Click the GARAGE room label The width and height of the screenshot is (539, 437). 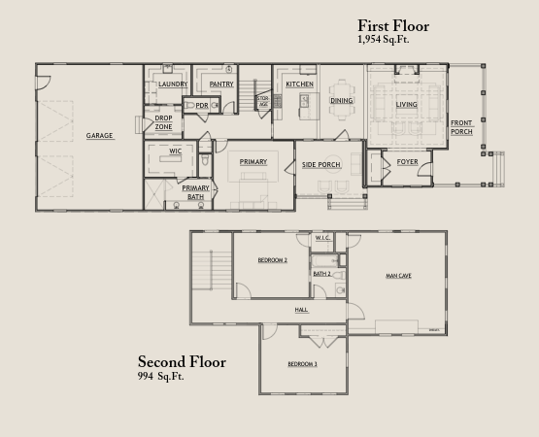[99, 135]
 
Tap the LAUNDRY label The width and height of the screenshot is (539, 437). [173, 84]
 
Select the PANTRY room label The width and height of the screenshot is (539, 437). [221, 84]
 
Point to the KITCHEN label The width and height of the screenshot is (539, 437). [300, 84]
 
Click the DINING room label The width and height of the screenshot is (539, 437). [341, 100]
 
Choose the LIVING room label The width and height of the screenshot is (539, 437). [406, 104]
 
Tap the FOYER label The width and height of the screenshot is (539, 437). [407, 161]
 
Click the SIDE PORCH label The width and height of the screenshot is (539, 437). [321, 165]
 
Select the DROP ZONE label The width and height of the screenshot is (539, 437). [163, 122]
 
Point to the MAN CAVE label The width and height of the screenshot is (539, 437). [398, 276]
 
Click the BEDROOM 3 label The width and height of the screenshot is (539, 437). [302, 364]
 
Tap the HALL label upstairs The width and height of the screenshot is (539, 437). [301, 310]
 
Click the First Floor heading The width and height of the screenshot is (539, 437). [393, 26]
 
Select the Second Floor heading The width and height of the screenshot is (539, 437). [182, 361]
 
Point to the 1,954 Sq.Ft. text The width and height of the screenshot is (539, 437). [384, 40]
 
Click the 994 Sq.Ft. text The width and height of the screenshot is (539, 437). [161, 376]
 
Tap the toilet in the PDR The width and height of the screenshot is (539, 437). [189, 106]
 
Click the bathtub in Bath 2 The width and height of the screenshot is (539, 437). [324, 261]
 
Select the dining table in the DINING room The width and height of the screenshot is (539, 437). [342, 100]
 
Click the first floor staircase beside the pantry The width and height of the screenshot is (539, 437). [248, 95]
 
